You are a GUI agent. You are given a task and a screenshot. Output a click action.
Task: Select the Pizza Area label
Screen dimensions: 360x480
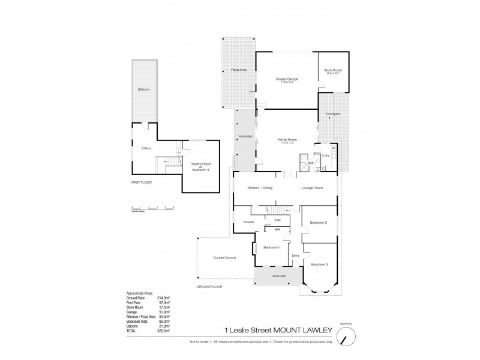point(238,70)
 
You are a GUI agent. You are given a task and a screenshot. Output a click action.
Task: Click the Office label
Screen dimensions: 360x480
point(146,148)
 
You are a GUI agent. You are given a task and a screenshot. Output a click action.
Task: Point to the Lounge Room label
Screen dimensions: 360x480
point(313,188)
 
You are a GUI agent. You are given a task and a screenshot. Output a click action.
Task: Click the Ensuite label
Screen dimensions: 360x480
point(249,223)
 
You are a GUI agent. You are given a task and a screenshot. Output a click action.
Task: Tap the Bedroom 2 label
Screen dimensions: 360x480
point(318,223)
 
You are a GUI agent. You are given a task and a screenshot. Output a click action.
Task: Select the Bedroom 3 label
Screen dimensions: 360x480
point(319,264)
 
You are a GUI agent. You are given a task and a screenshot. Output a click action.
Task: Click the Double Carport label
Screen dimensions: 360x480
point(225,258)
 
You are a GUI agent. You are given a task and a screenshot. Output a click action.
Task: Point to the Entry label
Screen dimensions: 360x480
point(295,256)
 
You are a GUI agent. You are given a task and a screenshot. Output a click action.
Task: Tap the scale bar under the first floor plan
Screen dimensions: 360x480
point(152,208)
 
